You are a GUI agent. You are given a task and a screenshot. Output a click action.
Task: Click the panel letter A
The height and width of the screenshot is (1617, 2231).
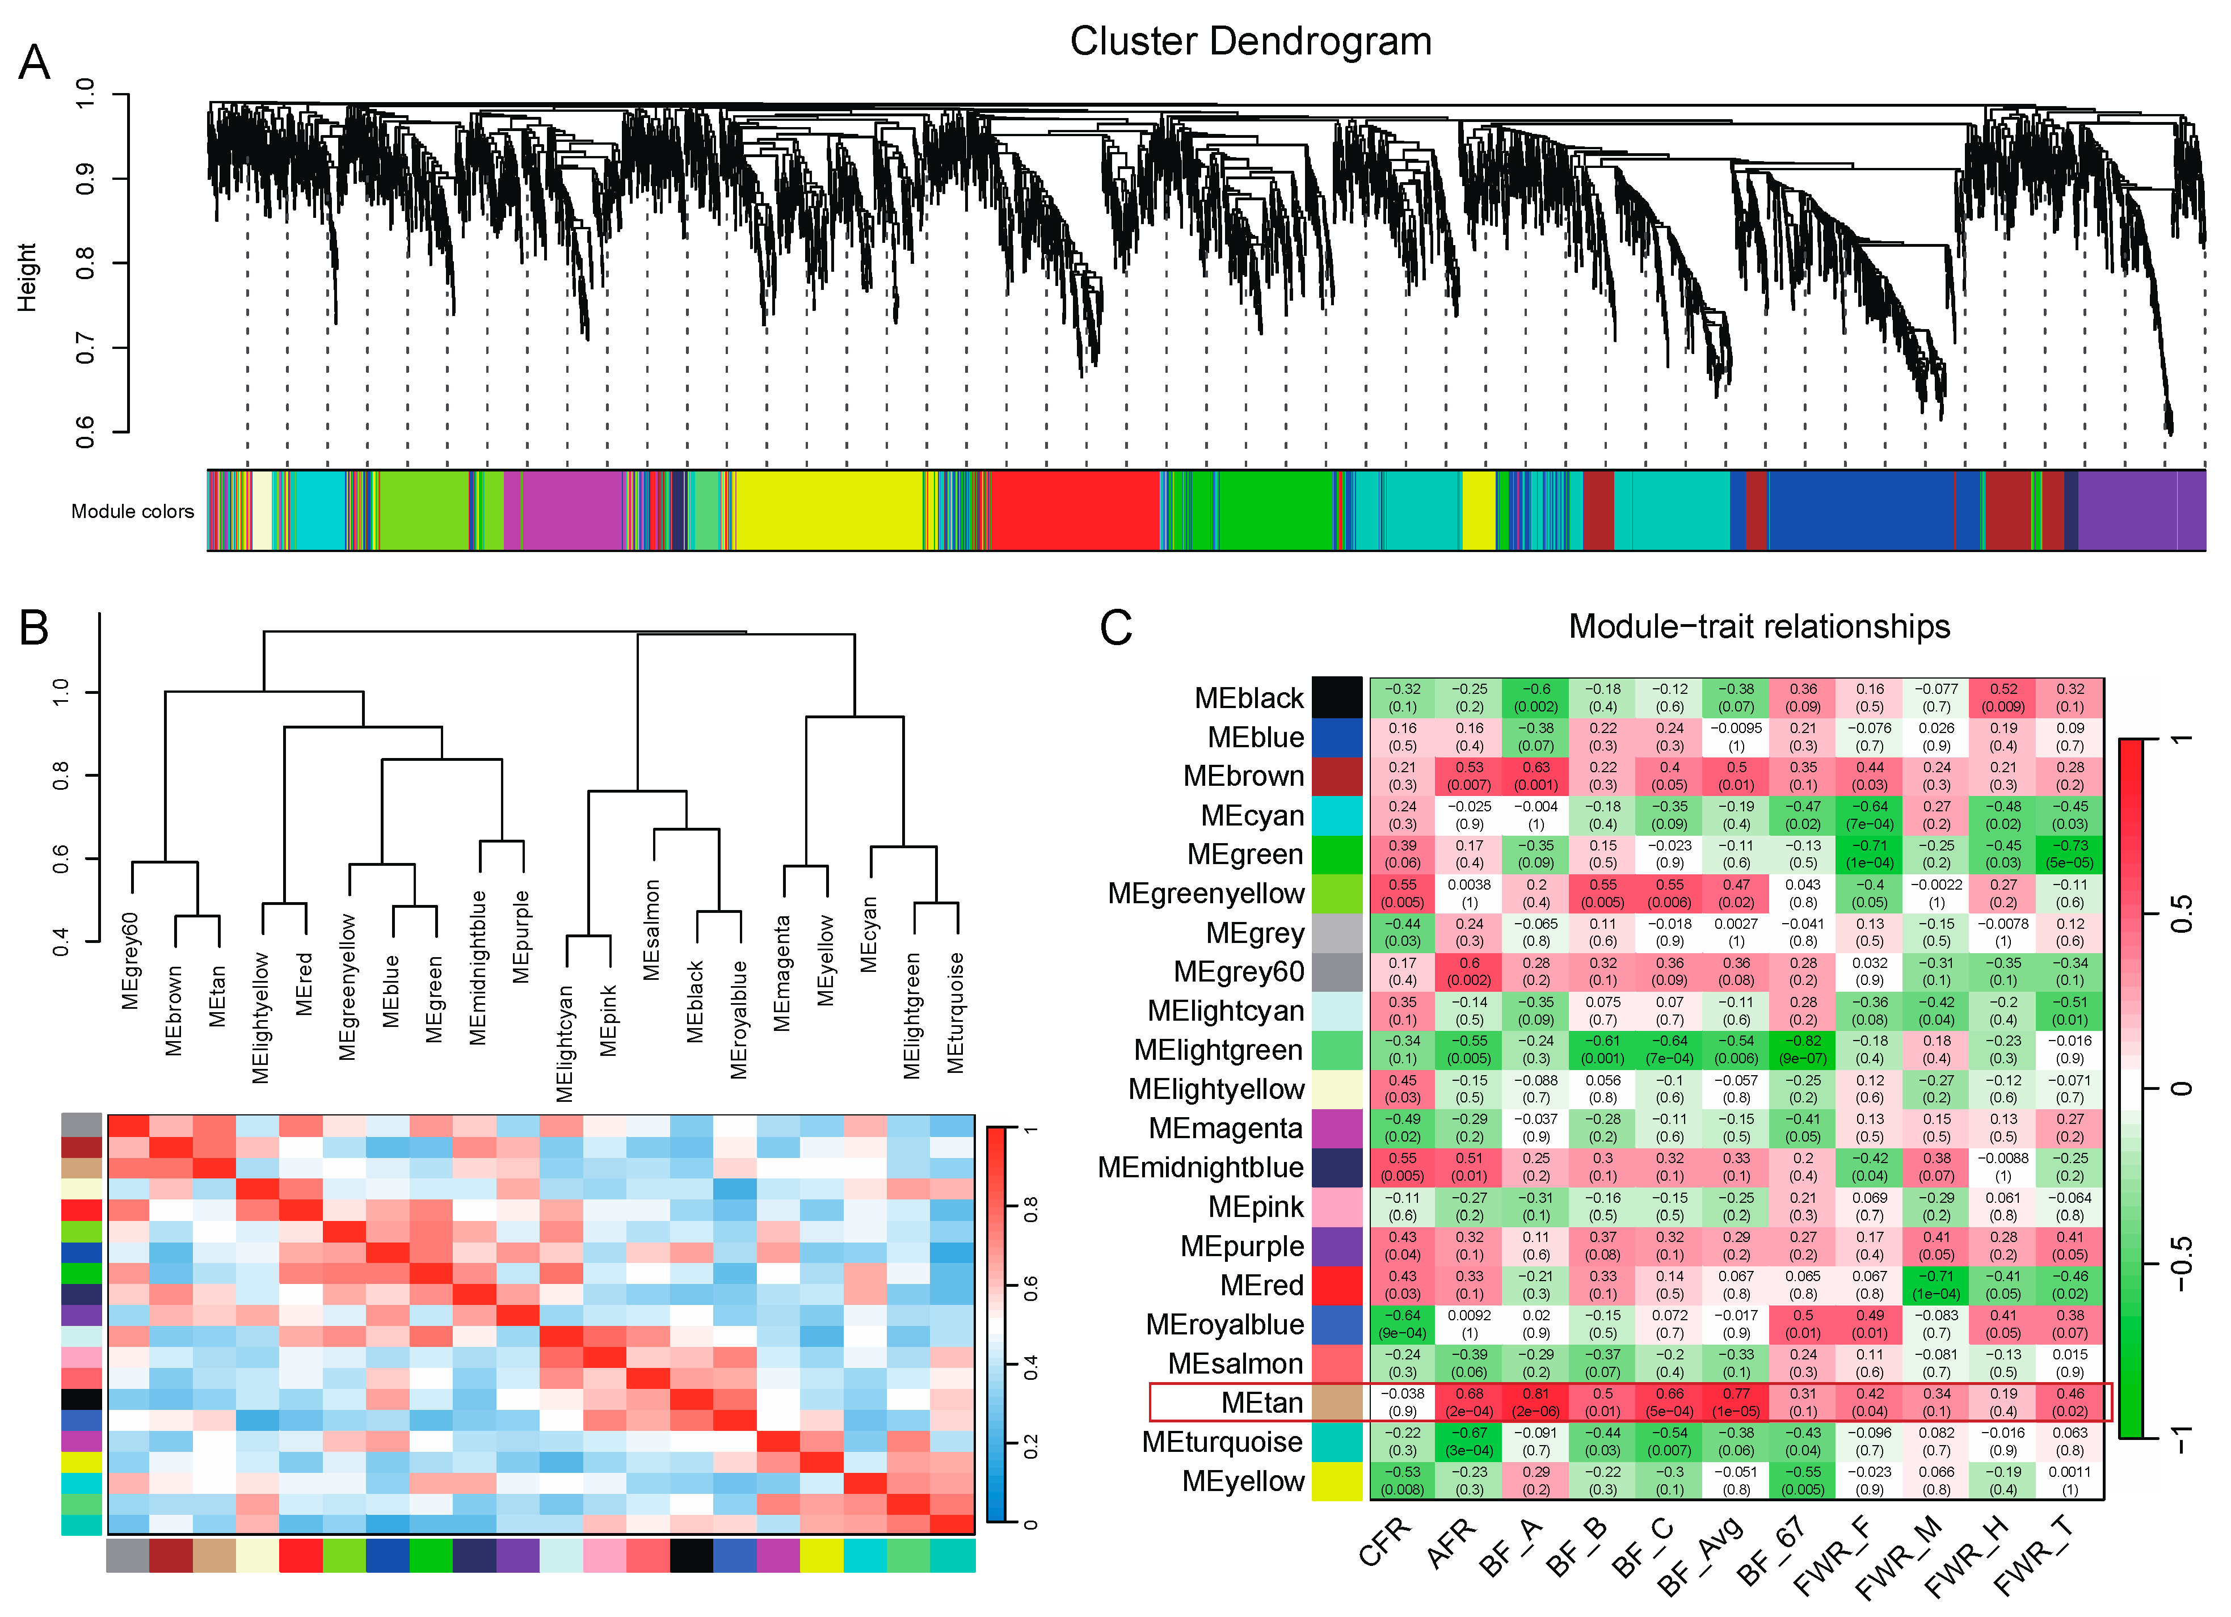(x=35, y=63)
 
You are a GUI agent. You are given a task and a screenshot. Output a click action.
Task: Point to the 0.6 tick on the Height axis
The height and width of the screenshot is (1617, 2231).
(x=87, y=431)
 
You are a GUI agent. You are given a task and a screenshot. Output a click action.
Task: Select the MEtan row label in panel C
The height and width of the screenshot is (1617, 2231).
(x=1261, y=1403)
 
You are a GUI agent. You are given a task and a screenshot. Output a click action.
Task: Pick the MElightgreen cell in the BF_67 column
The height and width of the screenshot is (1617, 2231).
(x=1803, y=1050)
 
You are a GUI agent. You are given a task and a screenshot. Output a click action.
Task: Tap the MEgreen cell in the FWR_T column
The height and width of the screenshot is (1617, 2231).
(x=2070, y=854)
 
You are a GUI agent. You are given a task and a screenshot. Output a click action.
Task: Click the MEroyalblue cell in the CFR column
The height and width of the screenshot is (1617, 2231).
(x=1403, y=1324)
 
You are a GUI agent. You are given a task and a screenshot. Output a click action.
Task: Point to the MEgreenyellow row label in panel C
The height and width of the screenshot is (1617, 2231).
(x=1205, y=893)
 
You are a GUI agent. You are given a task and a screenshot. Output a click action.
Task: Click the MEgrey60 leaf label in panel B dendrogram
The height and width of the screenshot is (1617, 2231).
(x=131, y=961)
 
